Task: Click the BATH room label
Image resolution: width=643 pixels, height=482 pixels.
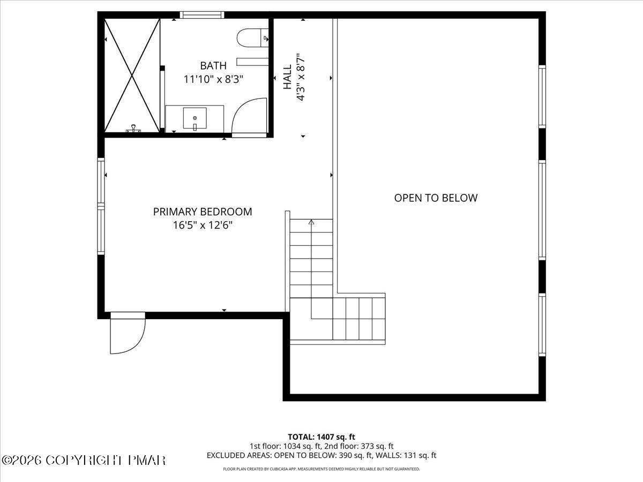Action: pyautogui.click(x=213, y=66)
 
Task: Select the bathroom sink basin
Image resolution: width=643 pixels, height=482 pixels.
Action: pyautogui.click(x=195, y=118)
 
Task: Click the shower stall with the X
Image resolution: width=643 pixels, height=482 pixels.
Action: pyautogui.click(x=132, y=75)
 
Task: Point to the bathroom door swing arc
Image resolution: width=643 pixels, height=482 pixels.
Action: pyautogui.click(x=249, y=117)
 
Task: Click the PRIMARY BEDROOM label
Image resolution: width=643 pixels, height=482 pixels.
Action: pyautogui.click(x=203, y=212)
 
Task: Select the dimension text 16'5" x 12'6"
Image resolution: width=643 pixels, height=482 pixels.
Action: pyautogui.click(x=203, y=225)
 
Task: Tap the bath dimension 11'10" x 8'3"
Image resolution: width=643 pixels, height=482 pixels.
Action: pyautogui.click(x=213, y=79)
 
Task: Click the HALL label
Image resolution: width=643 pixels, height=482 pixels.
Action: pyautogui.click(x=288, y=77)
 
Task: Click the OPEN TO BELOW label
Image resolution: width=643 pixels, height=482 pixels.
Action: pyautogui.click(x=436, y=198)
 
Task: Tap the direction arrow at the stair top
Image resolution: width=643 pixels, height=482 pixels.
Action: pyautogui.click(x=311, y=222)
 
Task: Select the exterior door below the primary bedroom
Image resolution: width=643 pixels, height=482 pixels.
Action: pyautogui.click(x=128, y=334)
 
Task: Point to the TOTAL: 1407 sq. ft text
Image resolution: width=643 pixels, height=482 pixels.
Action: pyautogui.click(x=322, y=437)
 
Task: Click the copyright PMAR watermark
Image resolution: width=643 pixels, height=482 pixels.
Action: pyautogui.click(x=84, y=460)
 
